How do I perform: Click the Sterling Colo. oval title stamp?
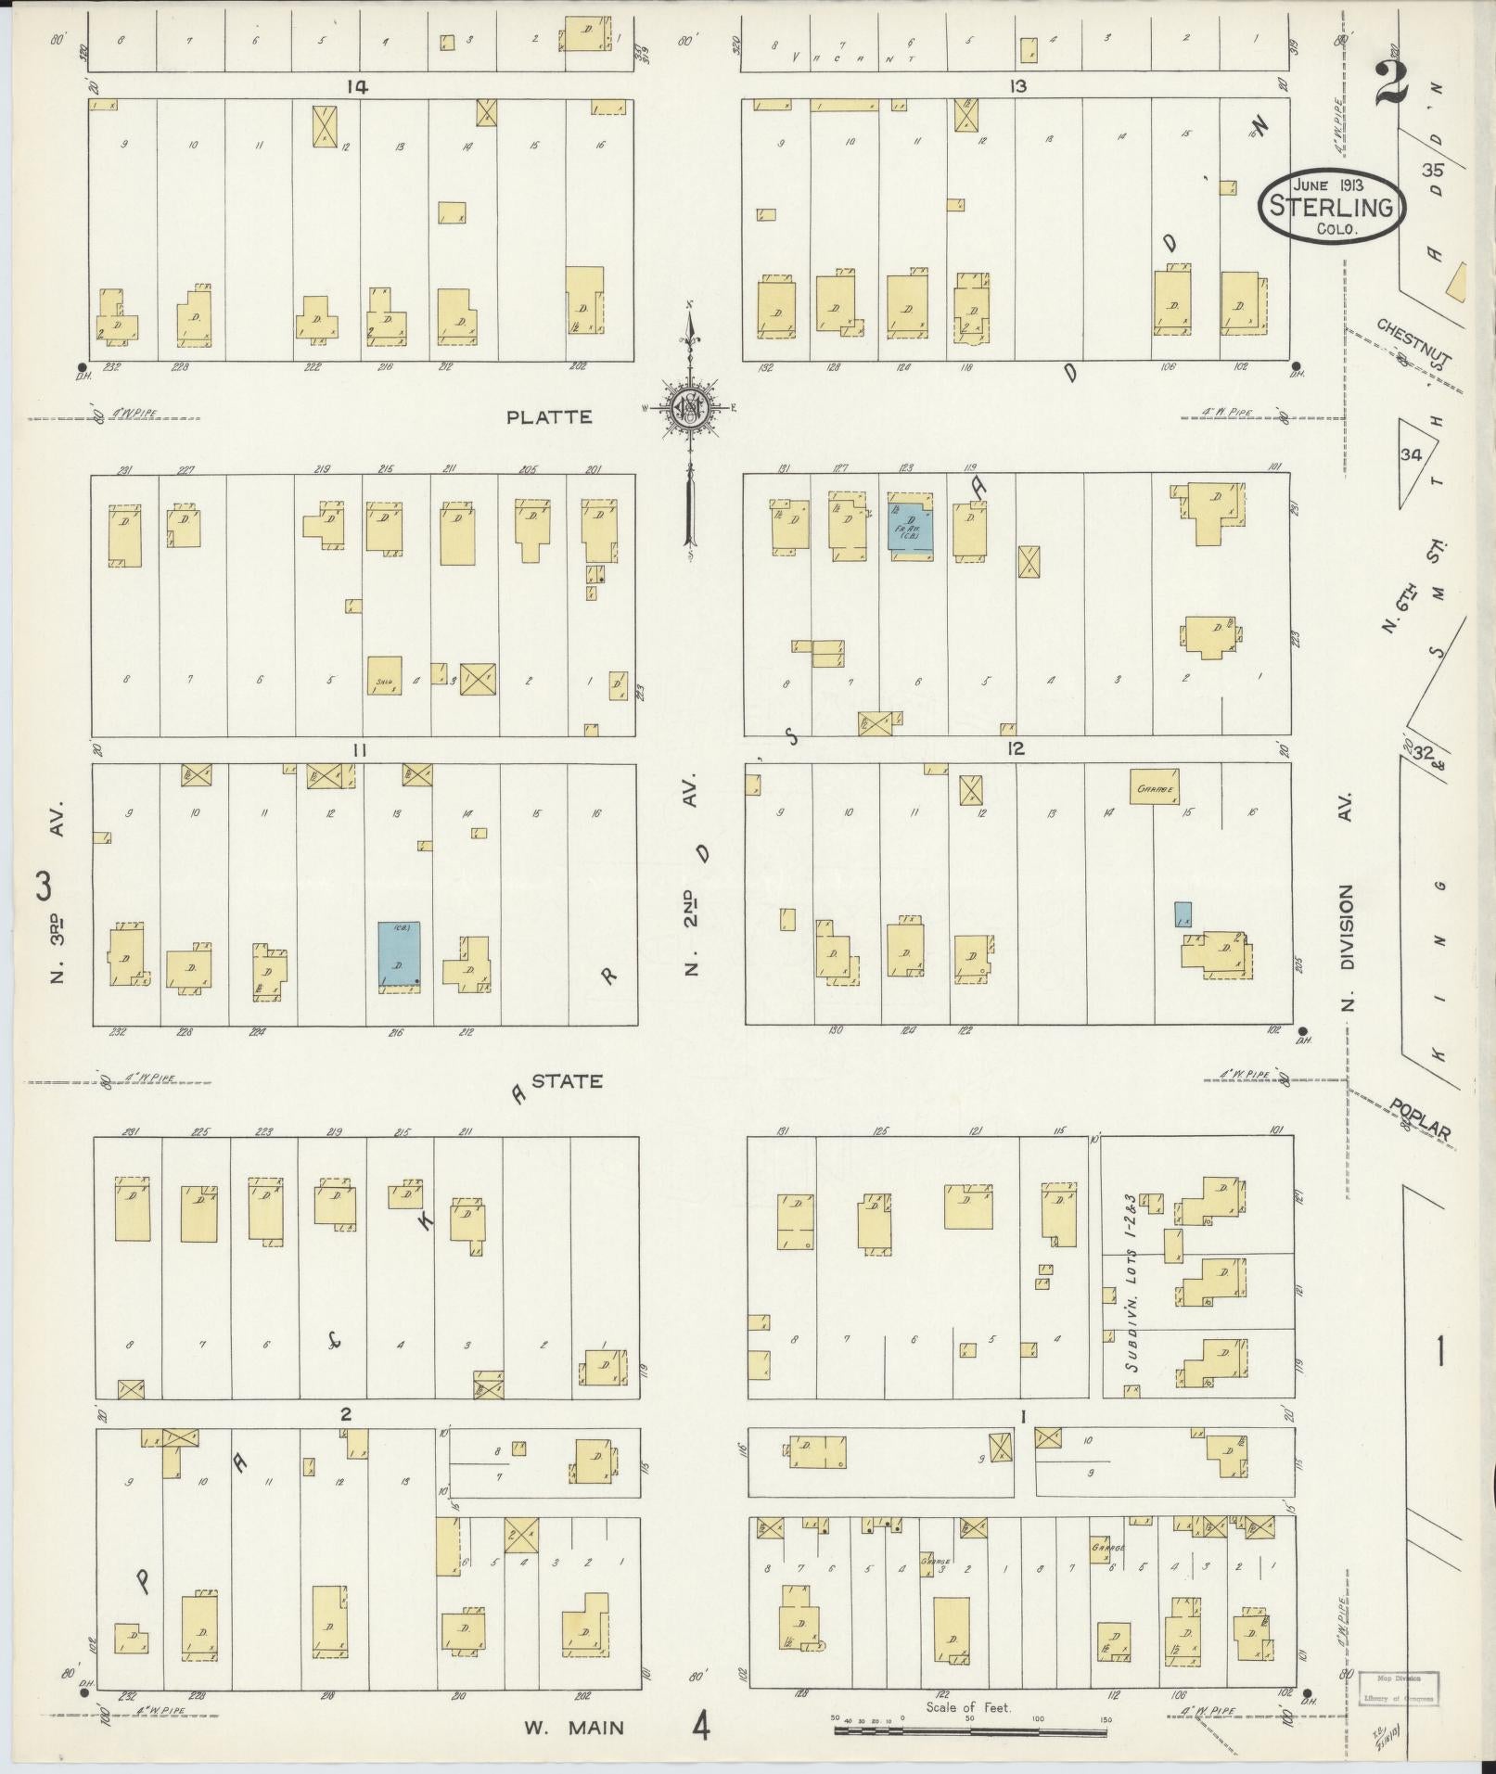1331,207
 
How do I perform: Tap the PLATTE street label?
549,417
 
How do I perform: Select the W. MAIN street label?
573,1727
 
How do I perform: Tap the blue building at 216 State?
399,955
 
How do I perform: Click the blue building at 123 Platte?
910,525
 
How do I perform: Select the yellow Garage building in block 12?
1154,786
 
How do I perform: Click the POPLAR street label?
1419,1119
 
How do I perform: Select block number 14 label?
356,86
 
